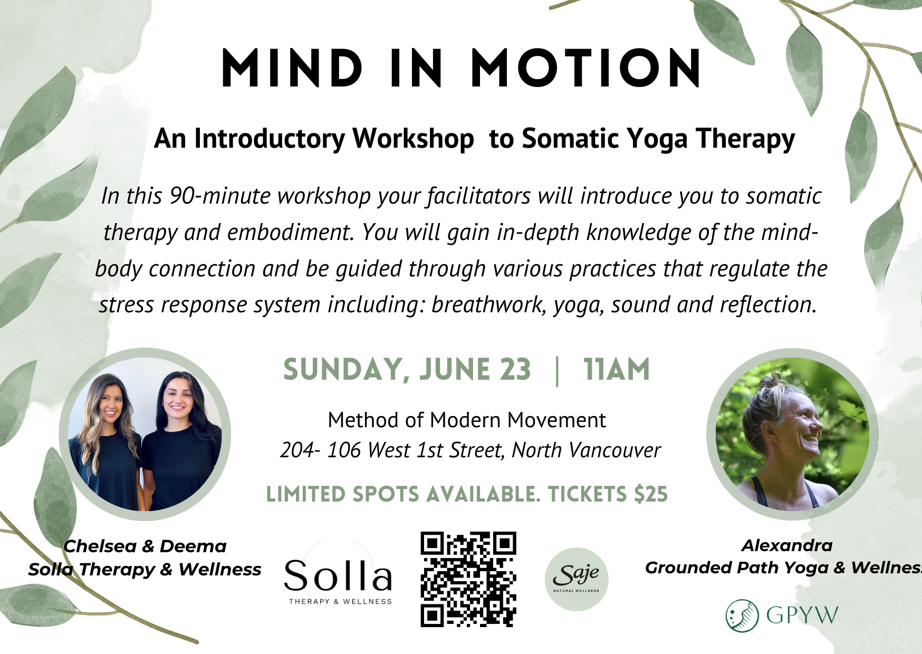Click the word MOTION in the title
click(586, 68)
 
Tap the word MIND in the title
click(292, 68)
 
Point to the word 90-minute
click(219, 196)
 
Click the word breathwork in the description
click(488, 305)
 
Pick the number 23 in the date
click(515, 369)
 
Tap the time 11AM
click(617, 369)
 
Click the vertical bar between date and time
click(557, 371)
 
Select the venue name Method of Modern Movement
click(467, 420)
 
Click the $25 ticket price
click(651, 494)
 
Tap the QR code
click(468, 579)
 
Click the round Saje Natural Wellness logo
click(577, 579)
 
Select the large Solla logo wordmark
click(338, 575)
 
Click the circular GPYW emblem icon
click(742, 615)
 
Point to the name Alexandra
click(787, 545)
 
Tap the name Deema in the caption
click(193, 546)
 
